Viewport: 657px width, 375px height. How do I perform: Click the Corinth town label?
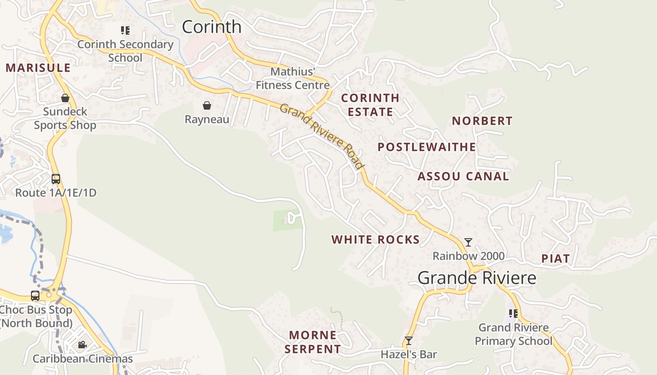click(x=212, y=27)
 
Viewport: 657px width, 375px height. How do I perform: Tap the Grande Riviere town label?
click(x=477, y=278)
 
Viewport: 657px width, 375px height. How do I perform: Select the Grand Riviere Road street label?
click(x=322, y=136)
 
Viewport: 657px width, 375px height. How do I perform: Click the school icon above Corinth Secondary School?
click(x=125, y=31)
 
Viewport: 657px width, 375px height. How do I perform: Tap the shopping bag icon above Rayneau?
click(x=206, y=105)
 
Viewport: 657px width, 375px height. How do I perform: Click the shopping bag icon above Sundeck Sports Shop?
click(x=65, y=98)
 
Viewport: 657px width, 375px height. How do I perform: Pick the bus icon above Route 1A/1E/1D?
click(x=56, y=179)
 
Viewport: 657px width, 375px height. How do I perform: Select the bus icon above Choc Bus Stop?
click(x=35, y=296)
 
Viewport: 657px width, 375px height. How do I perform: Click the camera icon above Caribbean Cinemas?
click(x=82, y=345)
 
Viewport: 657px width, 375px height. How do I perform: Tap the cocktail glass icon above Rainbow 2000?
click(x=468, y=242)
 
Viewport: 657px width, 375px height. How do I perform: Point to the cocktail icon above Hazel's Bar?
click(x=409, y=341)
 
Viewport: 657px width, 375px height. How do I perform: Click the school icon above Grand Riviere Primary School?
click(x=513, y=314)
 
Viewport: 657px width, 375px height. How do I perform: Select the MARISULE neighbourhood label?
click(x=38, y=68)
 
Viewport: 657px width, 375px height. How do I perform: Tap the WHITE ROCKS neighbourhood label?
click(x=375, y=240)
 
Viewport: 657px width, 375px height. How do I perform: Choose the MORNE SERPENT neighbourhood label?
click(x=313, y=342)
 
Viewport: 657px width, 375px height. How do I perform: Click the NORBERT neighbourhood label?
click(x=482, y=121)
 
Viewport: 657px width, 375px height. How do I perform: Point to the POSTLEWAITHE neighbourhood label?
click(x=427, y=147)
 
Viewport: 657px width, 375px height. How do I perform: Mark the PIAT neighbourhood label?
click(x=556, y=259)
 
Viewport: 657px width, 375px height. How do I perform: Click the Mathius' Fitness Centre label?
click(x=293, y=78)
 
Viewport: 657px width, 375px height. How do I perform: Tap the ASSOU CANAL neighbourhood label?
click(x=463, y=177)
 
